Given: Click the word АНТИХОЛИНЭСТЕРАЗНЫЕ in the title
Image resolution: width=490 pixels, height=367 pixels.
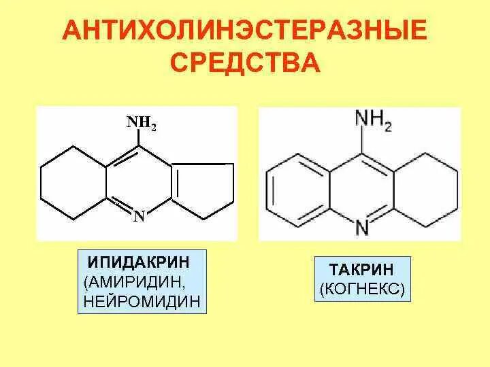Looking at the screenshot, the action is click(x=244, y=31).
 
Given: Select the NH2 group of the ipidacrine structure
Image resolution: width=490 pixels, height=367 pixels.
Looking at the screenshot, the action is click(x=141, y=123).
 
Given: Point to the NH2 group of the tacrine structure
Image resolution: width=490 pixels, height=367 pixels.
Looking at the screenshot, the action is click(x=373, y=121).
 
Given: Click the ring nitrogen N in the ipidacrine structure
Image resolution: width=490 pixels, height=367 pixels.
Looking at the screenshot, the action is click(x=139, y=217).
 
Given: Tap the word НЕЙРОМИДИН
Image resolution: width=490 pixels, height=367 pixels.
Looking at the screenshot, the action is click(x=143, y=300).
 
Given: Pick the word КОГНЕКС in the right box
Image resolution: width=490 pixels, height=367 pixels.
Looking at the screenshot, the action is click(x=361, y=290).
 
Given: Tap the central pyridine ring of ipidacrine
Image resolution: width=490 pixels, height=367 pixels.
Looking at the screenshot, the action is click(x=139, y=182).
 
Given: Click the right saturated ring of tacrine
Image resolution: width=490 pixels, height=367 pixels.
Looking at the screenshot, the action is click(x=425, y=186).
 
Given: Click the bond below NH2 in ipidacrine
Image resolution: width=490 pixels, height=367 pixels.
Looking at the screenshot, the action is click(x=140, y=139).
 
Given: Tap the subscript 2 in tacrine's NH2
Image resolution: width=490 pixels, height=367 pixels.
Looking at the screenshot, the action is click(x=387, y=127).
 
